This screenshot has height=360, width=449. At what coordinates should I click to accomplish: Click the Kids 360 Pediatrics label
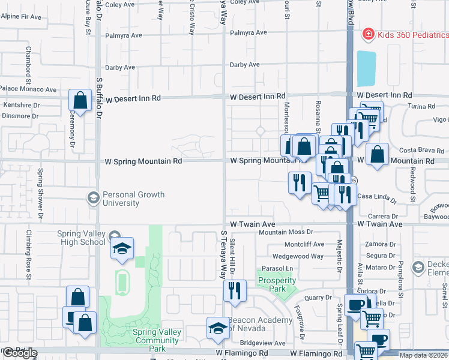coord(413,35)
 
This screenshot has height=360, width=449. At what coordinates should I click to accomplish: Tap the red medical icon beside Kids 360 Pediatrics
coord(367,35)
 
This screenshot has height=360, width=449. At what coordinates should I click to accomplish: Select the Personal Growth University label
coord(133,199)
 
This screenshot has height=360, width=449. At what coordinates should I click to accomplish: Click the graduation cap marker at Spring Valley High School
coord(122,249)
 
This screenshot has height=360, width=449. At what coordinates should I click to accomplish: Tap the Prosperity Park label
coord(277,284)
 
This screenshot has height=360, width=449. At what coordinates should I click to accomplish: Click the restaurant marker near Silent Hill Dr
coord(234,290)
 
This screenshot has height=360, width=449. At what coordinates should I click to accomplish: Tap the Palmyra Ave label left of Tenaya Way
coord(122,35)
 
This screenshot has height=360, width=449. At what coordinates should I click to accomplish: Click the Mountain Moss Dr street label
coord(286,232)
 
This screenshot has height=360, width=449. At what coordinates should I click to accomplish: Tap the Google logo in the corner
coord(20,353)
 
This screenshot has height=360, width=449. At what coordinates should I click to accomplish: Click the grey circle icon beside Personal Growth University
coord(93,197)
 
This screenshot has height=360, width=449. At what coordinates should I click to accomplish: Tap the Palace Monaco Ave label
coord(28,89)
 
